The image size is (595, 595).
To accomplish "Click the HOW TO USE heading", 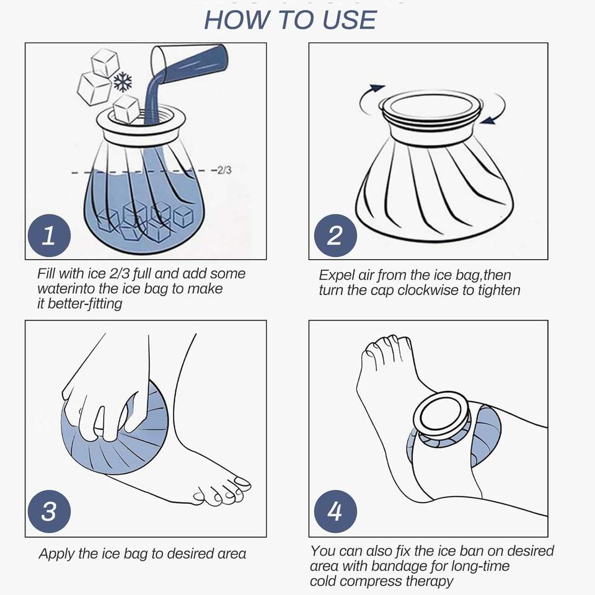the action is coord(290,20).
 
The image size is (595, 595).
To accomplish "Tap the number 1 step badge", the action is coord(50,236).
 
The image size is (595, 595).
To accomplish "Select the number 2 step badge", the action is coord(335,236).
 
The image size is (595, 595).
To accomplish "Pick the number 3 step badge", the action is coord(50,511).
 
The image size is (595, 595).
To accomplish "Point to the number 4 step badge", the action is coord(335,511).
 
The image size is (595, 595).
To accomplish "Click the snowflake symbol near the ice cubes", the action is coord(123,82).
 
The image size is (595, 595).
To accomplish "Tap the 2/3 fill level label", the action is coord(224,170).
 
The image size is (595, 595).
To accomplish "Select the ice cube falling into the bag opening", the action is coord(126,109).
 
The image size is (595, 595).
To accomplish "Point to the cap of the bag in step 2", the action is coord(431,107).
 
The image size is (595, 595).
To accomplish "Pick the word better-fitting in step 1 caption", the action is coord(85,304).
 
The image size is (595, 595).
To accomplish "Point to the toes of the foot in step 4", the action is coord(385,349).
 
